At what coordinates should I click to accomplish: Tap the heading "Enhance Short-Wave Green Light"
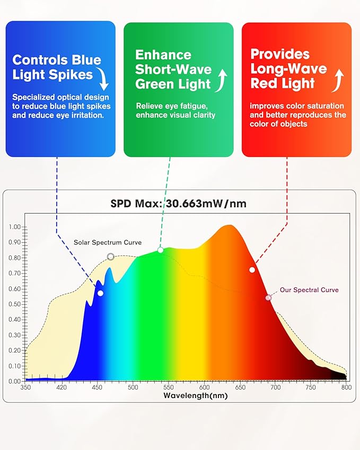click(x=173, y=69)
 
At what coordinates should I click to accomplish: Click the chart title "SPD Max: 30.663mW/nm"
click(x=178, y=203)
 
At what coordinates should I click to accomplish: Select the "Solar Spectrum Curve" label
click(x=108, y=242)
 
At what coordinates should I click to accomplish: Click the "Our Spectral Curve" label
click(x=309, y=290)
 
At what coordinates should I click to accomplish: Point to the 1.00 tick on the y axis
click(x=15, y=227)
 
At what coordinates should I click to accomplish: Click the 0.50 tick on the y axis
click(x=15, y=304)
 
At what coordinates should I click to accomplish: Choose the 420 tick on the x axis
click(x=62, y=387)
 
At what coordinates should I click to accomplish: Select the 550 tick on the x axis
click(x=169, y=387)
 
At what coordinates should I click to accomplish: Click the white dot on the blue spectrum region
click(x=100, y=293)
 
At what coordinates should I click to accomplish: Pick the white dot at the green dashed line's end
click(x=161, y=250)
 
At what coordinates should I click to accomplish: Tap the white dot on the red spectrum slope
click(x=252, y=270)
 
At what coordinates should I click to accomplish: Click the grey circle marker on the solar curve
click(x=110, y=257)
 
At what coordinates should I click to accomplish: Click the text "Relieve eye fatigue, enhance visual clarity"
click(x=175, y=110)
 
